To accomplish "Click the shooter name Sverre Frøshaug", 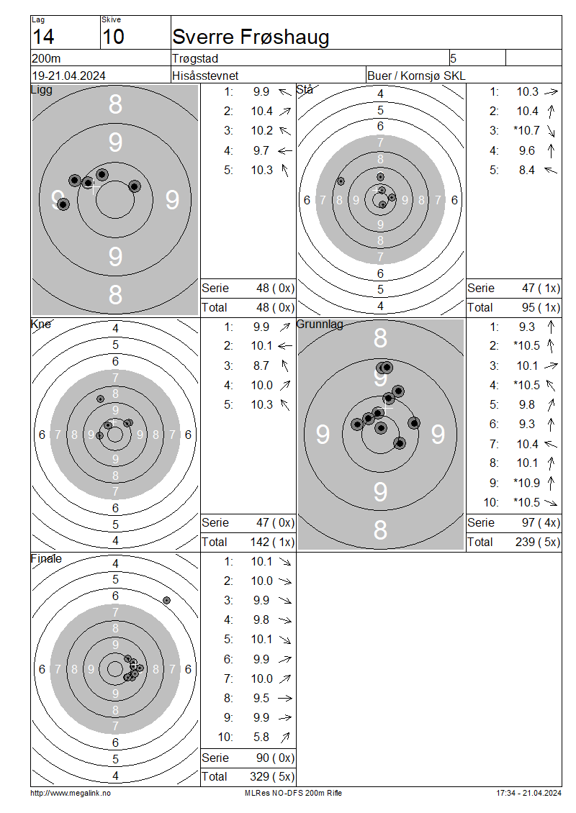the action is coord(251,37).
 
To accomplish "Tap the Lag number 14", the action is coord(43,37).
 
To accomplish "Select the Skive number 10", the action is coord(113,37).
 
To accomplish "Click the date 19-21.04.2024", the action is coord(68,76).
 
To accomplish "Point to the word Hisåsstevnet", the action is coord(205,76).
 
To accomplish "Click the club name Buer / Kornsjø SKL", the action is coord(416,76).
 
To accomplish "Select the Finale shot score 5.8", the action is coord(261,737).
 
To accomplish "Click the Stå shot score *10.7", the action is coord(527,131).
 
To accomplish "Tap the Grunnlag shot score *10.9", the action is coord(527,483).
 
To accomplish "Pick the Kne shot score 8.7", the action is coord(261,366).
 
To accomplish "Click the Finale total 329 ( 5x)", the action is coord(272,777).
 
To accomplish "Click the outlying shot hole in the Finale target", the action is coord(166,601).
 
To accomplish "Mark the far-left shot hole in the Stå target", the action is coord(341,181).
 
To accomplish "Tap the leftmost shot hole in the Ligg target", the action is coord(63,204).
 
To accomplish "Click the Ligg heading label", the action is coord(42,90).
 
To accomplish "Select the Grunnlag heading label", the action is coord(320,324).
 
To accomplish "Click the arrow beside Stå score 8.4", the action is coord(551,170).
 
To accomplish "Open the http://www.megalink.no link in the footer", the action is coord(71,794).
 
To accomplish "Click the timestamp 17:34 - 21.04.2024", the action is coord(528,794).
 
